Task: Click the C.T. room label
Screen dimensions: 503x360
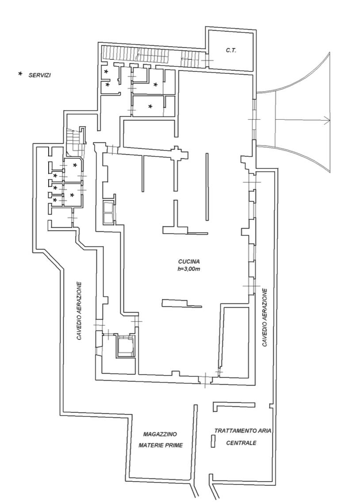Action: pyautogui.click(x=231, y=50)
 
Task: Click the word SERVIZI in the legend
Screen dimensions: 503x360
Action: pyautogui.click(x=40, y=75)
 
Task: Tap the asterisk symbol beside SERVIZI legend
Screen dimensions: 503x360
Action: pyautogui.click(x=20, y=74)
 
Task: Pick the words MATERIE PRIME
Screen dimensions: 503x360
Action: pyautogui.click(x=160, y=445)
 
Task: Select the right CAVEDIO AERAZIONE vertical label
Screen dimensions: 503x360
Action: pyautogui.click(x=265, y=317)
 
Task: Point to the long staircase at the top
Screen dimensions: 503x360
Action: pyautogui.click(x=135, y=54)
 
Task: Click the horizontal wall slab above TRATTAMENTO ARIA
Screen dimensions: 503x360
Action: pyautogui.click(x=234, y=404)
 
